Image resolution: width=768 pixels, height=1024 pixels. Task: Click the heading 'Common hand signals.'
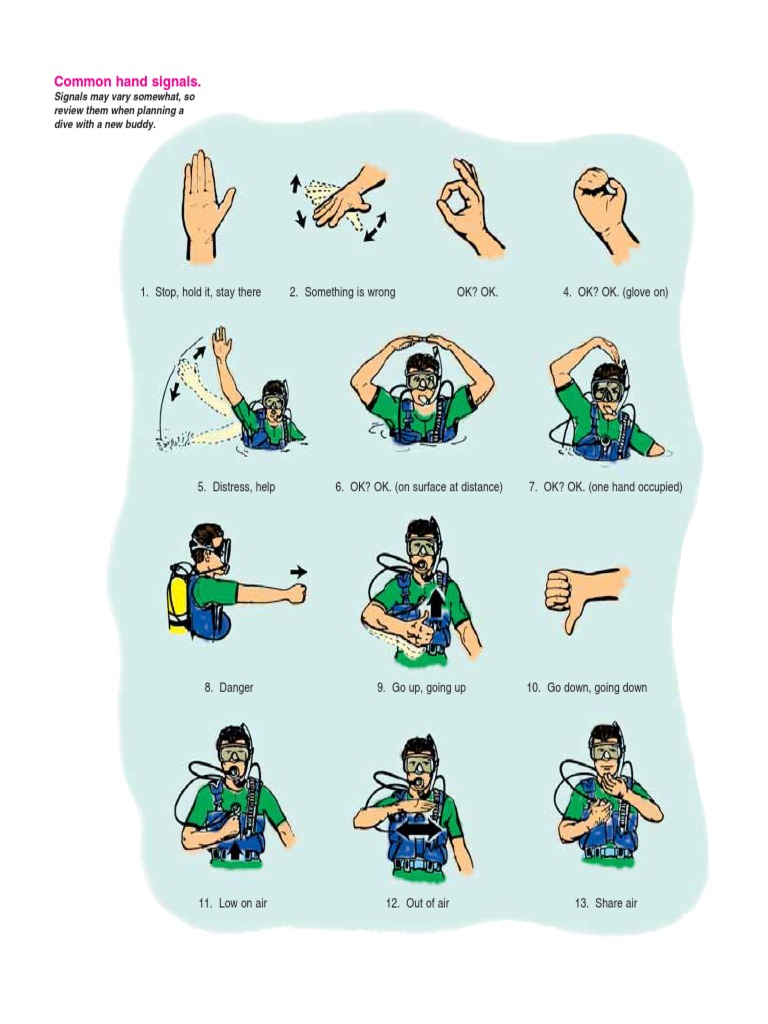point(134,81)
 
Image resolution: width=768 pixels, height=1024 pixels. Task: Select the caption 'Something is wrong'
point(342,292)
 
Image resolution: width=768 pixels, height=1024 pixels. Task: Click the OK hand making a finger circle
point(465,205)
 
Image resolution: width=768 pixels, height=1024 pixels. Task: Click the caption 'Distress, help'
point(236,487)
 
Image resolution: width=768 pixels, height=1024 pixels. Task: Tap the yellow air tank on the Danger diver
point(179,597)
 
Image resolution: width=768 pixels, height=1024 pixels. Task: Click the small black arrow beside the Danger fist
point(298,571)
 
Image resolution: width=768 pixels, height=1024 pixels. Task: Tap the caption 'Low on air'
point(232,903)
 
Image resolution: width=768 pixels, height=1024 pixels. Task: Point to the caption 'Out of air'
point(417,903)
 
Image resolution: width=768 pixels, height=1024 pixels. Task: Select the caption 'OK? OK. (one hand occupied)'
point(605,487)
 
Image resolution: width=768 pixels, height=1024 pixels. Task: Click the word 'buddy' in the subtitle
point(139,125)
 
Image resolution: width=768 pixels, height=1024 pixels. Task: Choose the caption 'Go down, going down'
point(586,688)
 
